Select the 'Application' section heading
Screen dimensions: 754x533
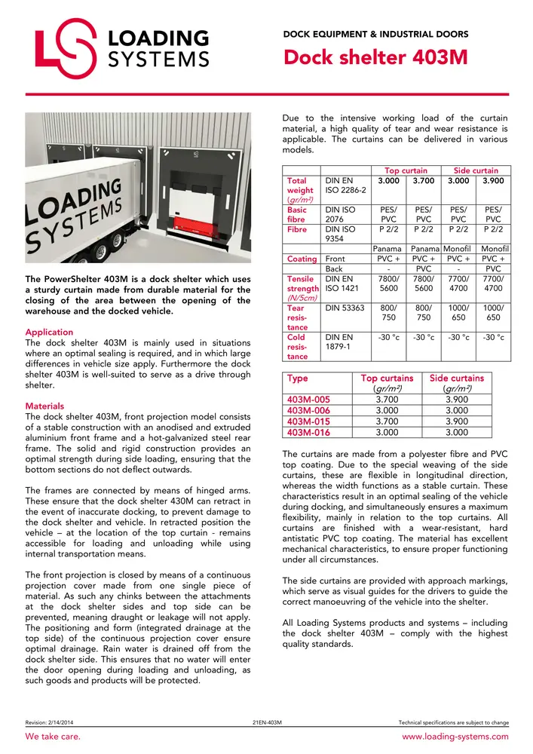[x=50, y=332]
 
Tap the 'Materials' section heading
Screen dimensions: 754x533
[x=45, y=406]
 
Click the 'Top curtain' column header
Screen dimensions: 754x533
[x=406, y=171]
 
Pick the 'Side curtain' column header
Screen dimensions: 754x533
[x=476, y=171]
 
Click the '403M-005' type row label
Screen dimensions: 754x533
[x=309, y=399]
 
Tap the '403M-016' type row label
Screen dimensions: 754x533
[x=309, y=432]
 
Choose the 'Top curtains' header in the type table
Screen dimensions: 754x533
[x=387, y=379]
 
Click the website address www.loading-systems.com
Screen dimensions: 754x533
[x=455, y=737]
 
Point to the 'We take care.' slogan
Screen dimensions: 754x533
[x=54, y=737]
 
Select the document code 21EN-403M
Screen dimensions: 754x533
[x=267, y=722]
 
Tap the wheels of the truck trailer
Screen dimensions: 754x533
[x=113, y=244]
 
